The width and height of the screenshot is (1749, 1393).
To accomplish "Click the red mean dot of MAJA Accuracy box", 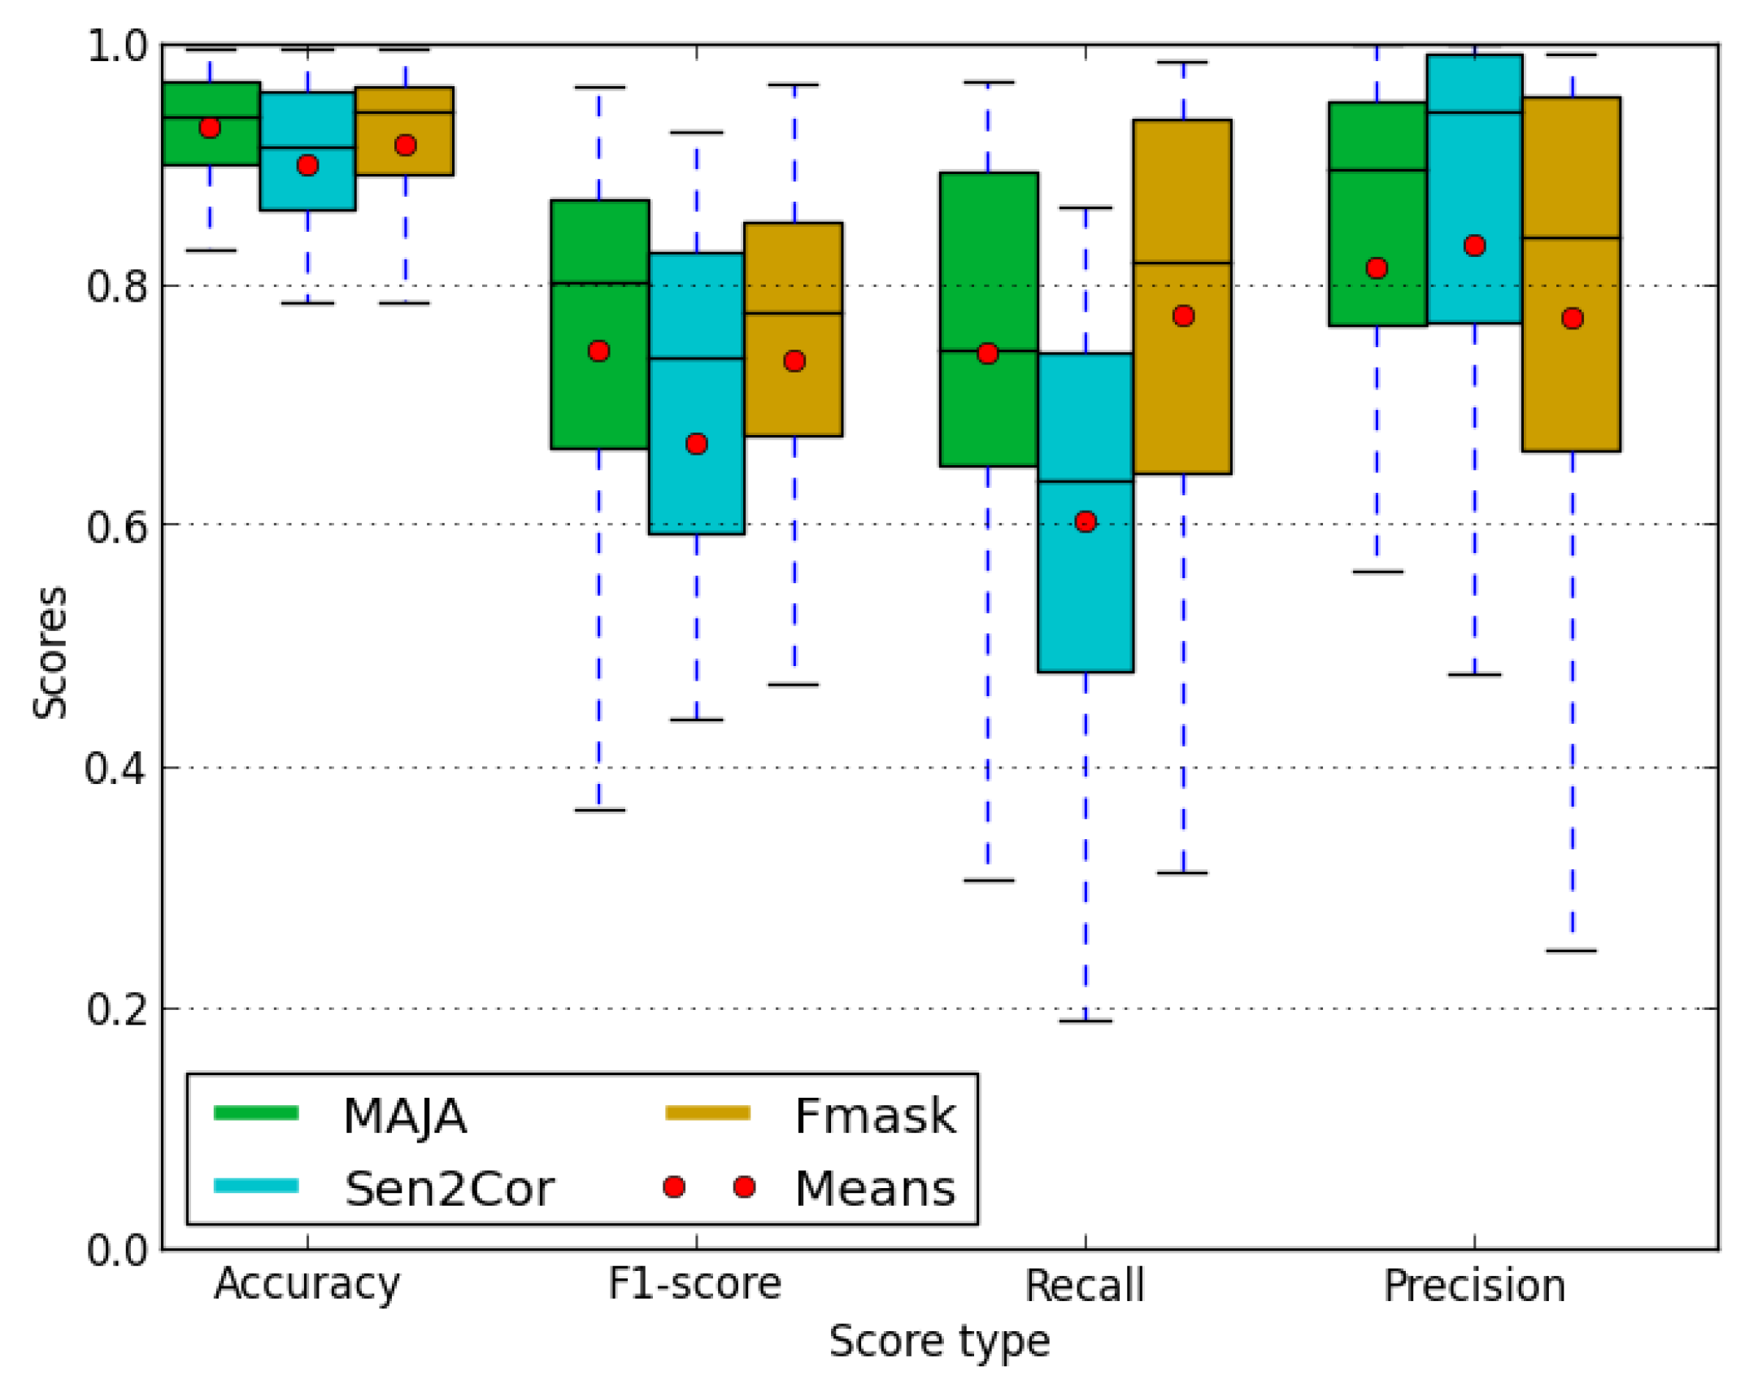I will [x=210, y=128].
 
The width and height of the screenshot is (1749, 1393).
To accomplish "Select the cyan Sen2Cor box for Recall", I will [x=1085, y=585].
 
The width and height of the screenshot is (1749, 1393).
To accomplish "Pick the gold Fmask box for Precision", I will [x=1571, y=382].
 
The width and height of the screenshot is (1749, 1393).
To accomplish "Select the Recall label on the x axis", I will [x=1084, y=1286].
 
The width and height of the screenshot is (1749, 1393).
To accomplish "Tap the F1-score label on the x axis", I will [x=695, y=1284].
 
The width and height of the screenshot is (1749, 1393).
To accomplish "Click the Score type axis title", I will [x=939, y=1340].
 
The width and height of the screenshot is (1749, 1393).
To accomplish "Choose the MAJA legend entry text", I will [x=405, y=1116].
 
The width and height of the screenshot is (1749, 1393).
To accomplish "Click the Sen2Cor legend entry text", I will [x=450, y=1189].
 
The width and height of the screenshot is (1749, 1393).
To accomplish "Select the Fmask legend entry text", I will [x=875, y=1116].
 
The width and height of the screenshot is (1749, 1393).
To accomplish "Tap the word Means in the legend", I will [x=875, y=1189].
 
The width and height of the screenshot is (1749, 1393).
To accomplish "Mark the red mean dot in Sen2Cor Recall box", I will [x=1085, y=521].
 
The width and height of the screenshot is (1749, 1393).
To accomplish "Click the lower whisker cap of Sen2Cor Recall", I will [x=1085, y=1021].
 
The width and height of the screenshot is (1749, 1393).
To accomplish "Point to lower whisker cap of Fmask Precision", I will [x=1571, y=950].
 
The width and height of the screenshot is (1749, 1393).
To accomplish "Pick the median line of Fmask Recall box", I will [x=1182, y=263].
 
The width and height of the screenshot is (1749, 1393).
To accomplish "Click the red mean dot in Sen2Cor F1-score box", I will [x=696, y=444].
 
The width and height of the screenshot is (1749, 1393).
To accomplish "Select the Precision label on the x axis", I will [x=1474, y=1286].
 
